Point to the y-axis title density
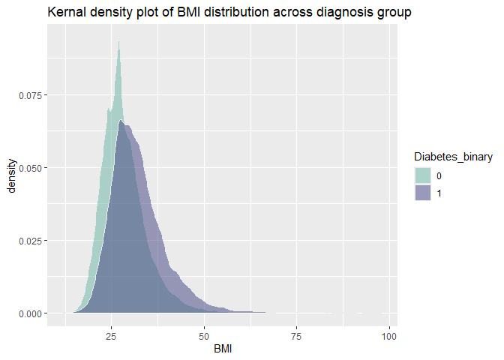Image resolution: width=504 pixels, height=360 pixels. point(11,175)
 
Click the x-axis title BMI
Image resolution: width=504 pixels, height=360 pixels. point(223,348)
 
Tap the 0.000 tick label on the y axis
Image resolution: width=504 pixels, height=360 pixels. point(30,313)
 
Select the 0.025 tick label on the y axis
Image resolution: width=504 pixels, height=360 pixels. point(30,240)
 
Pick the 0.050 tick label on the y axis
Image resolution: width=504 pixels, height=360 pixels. point(30,167)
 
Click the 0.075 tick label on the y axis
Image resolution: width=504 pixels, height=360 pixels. point(30,95)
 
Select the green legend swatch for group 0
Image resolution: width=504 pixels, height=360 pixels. point(423,175)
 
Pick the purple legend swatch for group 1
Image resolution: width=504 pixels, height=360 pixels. point(423,193)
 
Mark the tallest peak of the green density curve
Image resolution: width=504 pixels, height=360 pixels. point(119,42)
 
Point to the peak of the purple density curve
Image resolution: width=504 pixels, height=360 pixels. point(121,121)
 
